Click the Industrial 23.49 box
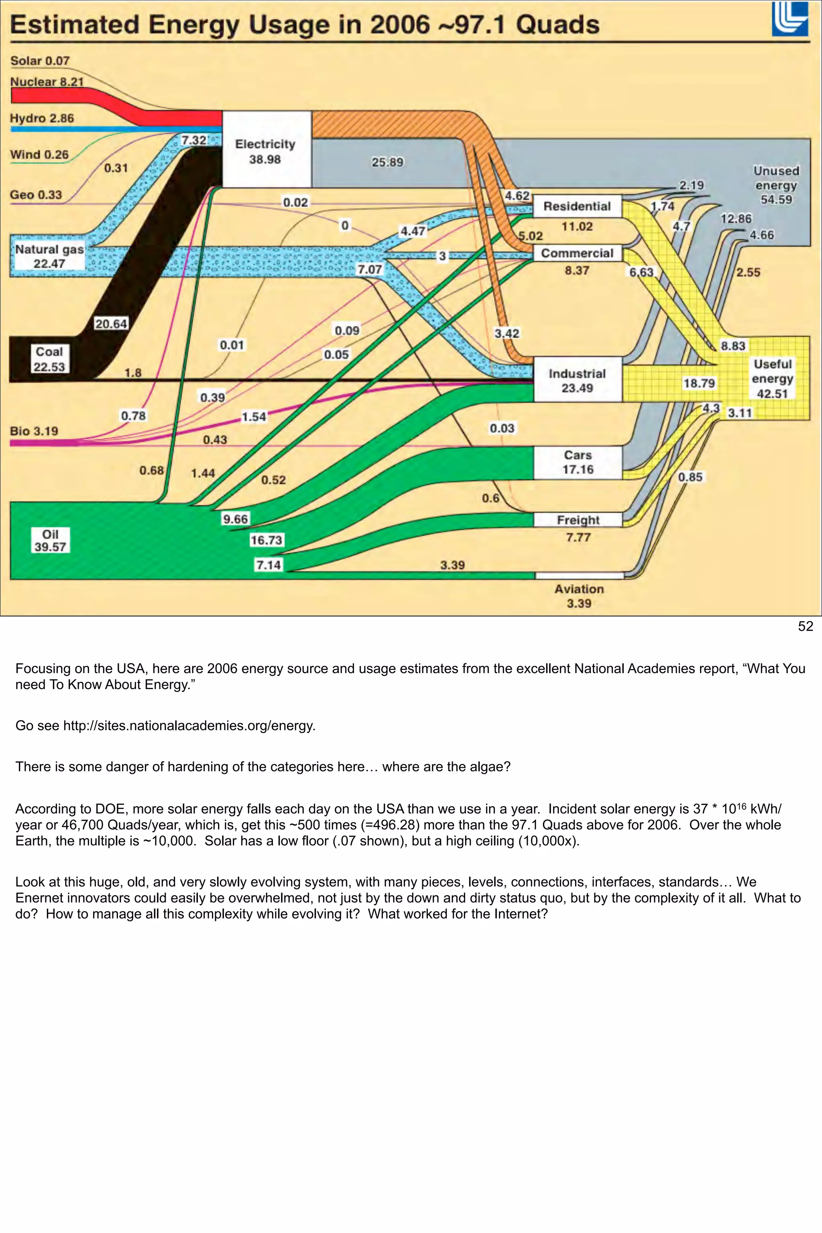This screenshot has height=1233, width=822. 577,380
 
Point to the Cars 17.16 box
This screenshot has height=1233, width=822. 578,462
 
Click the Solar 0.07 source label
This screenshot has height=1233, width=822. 40,61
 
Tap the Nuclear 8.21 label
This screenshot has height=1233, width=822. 47,82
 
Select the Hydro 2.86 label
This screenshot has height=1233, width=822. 42,118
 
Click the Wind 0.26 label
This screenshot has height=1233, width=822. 39,154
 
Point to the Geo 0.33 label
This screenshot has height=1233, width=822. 36,195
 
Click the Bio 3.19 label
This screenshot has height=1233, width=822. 34,431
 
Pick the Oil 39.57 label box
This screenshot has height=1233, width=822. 50,541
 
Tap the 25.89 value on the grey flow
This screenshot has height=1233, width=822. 387,162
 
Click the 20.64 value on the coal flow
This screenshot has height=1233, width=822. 111,324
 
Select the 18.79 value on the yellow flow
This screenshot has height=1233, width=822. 699,383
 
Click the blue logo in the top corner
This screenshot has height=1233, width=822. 789,19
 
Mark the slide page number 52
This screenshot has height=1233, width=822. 805,627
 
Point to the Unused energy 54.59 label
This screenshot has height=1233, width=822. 776,185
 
